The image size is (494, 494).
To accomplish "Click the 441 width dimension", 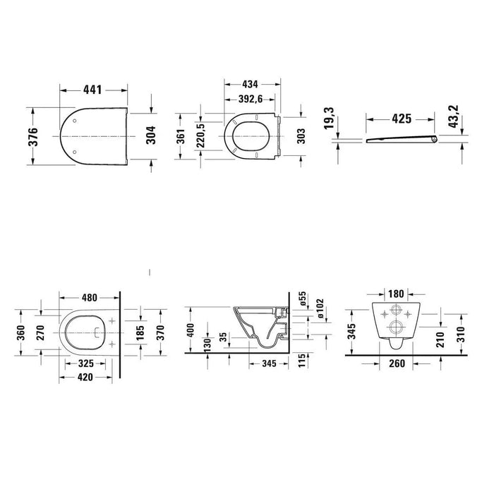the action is (92, 90).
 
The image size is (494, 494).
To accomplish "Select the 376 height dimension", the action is (32, 137).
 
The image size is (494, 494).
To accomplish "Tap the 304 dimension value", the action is (152, 135).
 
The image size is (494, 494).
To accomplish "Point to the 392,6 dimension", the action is (250, 100).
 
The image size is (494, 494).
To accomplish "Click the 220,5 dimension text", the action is (200, 135).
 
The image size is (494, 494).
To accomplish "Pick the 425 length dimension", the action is (402, 119).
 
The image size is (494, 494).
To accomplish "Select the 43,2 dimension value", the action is (454, 116).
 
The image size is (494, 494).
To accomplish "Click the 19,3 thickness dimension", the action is (329, 118).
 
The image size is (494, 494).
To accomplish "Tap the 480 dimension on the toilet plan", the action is (90, 297).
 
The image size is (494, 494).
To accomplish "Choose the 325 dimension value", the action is (85, 363).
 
